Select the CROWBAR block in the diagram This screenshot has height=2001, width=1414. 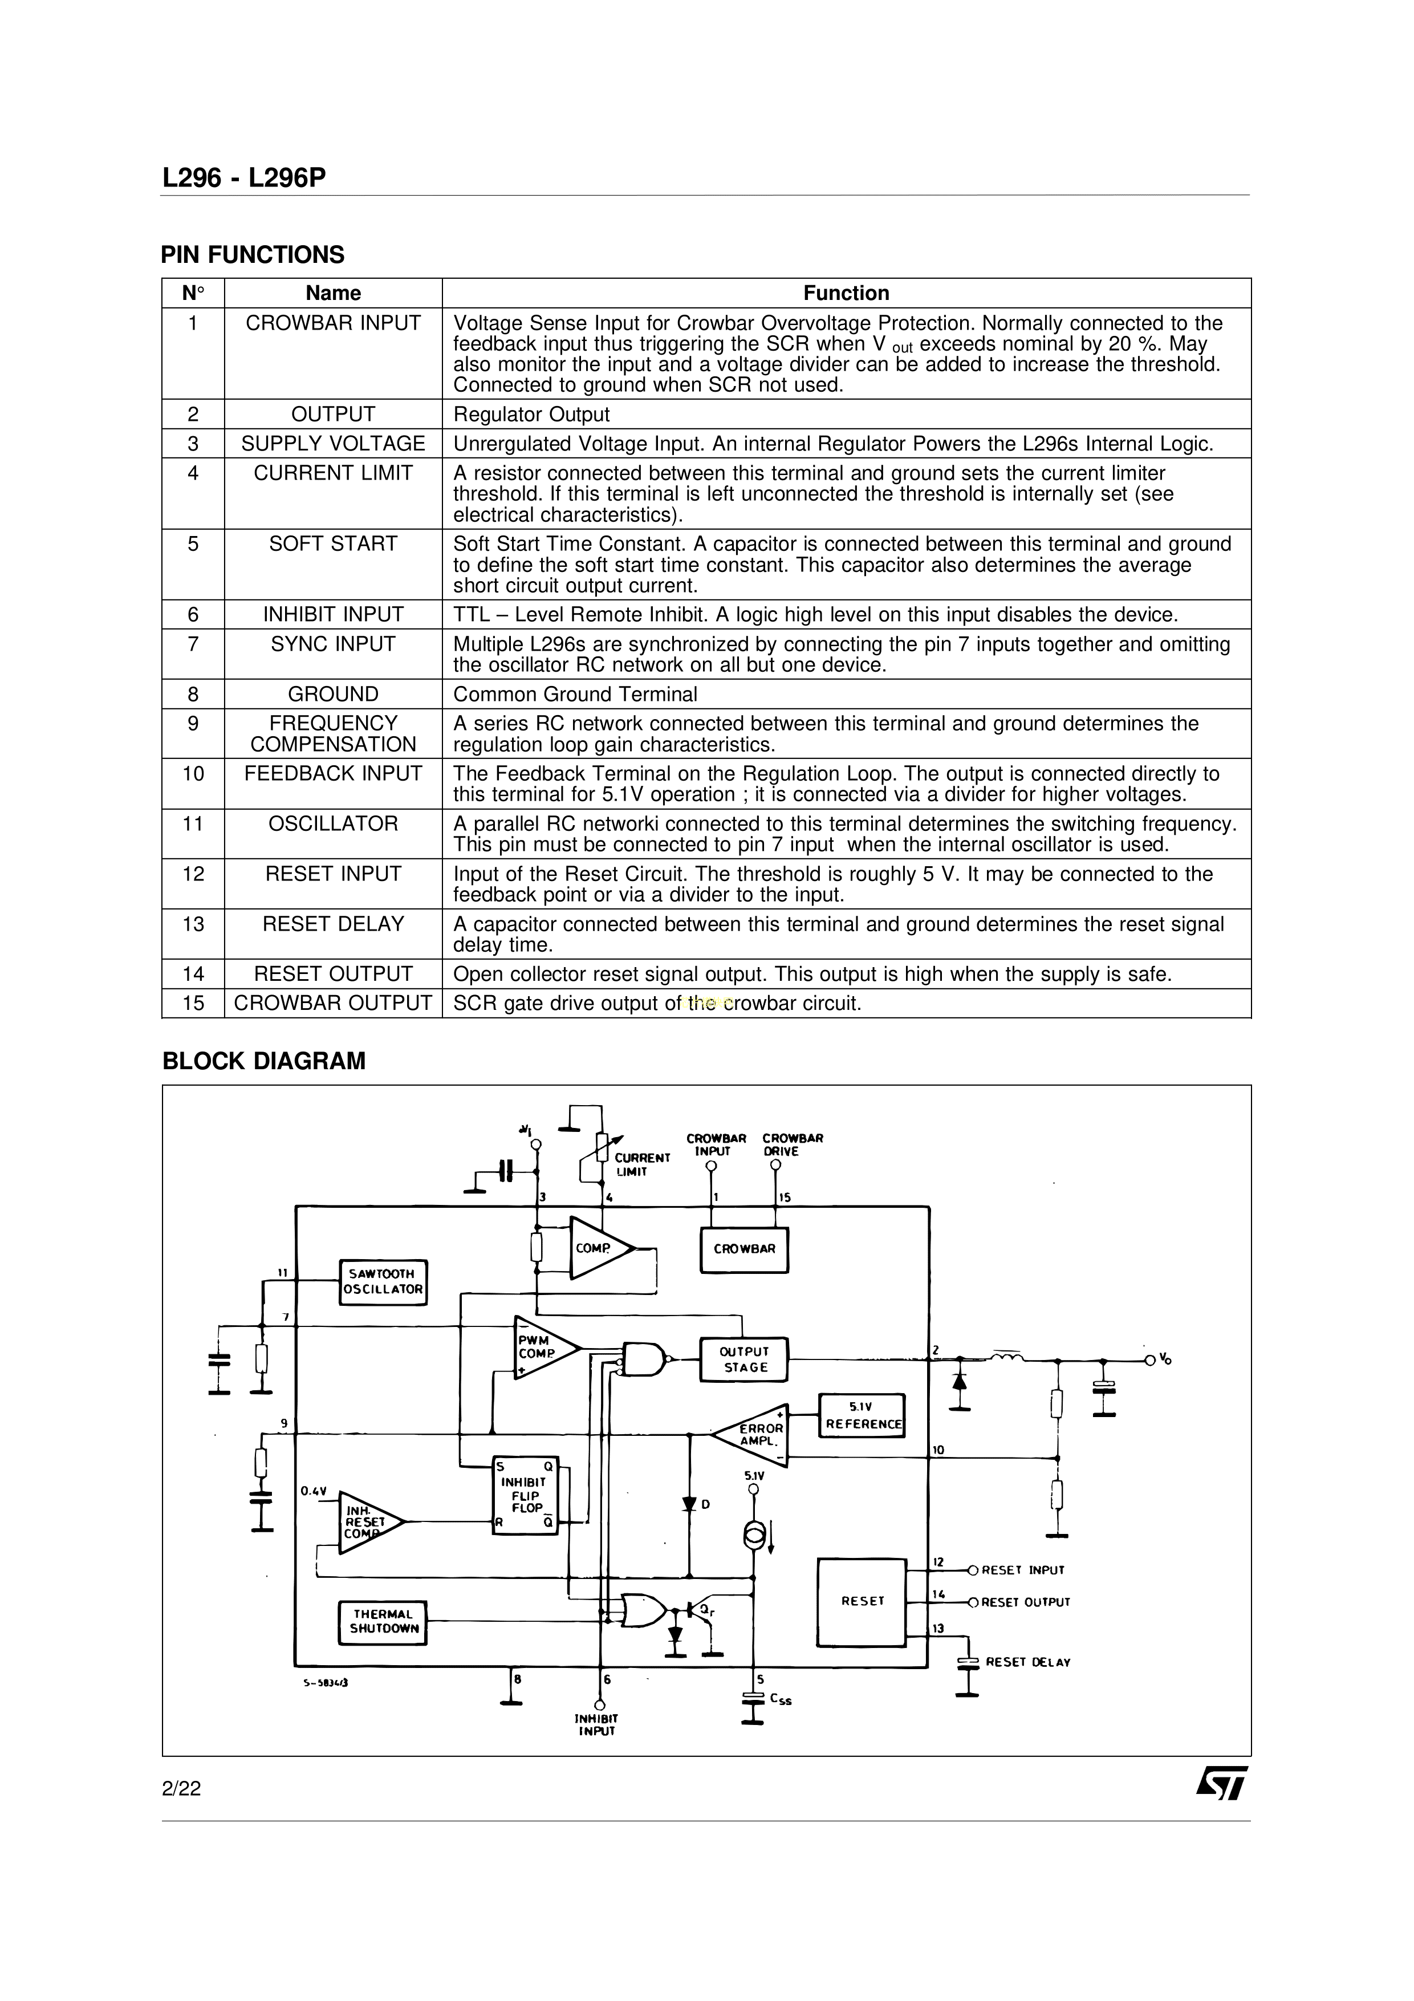744,1249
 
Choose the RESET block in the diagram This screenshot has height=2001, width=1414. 862,1601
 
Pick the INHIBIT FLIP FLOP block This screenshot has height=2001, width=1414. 525,1496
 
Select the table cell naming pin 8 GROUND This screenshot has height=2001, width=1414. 333,694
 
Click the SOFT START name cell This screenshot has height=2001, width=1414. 333,544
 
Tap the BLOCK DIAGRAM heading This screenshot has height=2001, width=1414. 264,1061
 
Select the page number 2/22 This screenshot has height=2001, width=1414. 181,1788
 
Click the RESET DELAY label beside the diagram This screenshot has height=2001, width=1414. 1028,1662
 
